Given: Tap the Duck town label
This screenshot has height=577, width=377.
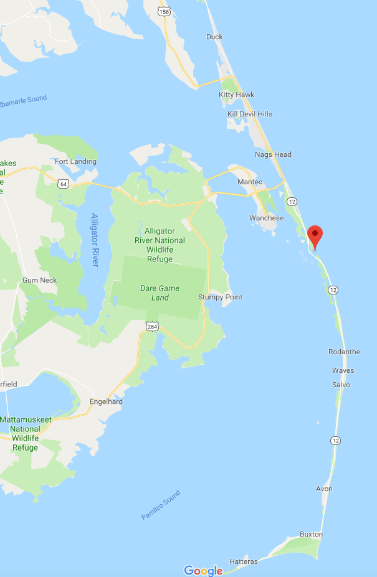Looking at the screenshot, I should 214,37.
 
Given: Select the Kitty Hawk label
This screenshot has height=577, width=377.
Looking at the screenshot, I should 236,95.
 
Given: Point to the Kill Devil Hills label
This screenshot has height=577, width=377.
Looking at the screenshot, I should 249,114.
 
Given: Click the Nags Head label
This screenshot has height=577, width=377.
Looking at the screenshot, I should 273,154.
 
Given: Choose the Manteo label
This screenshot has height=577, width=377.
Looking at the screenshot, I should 251,182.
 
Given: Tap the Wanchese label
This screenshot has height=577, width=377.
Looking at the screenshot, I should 266,218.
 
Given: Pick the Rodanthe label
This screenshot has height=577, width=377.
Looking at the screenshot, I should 344,352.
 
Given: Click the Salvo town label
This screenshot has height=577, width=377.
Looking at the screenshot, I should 341,385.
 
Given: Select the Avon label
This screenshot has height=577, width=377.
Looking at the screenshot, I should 324,489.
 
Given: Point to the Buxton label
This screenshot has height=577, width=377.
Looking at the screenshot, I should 311,534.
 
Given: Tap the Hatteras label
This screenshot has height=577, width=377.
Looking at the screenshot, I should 243,561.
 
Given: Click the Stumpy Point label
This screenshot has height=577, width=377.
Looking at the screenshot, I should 220,297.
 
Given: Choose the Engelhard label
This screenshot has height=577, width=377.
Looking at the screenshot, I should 106,401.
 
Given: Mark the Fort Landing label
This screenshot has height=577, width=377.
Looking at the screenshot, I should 75,161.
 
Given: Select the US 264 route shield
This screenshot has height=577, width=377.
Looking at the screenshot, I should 152,326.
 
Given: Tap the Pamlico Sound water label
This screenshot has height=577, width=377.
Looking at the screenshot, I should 160,505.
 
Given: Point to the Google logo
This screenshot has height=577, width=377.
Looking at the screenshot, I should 203,570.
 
